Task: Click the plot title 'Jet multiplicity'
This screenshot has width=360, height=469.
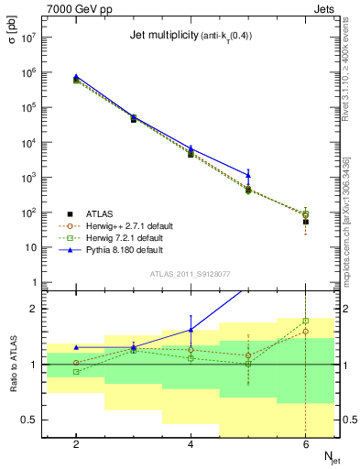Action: [156, 36]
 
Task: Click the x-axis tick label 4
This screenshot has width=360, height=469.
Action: [191, 443]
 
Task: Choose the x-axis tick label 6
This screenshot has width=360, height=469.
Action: [305, 443]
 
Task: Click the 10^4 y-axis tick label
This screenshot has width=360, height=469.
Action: [27, 143]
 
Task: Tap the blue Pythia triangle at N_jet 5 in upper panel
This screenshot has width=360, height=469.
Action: [248, 174]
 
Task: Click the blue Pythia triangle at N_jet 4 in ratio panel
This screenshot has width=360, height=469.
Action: [191, 330]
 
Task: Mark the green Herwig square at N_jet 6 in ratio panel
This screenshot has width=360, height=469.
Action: [305, 321]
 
